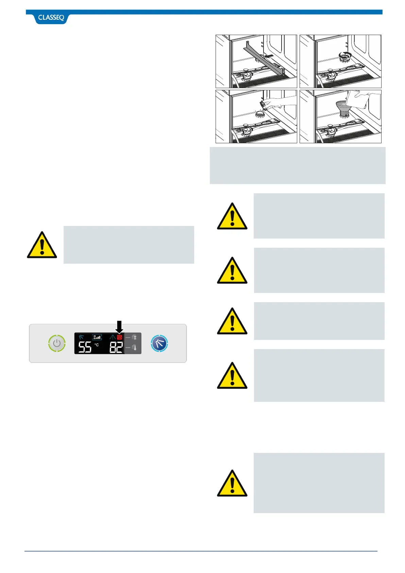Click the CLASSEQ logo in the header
[51, 18]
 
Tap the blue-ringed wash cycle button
[159, 343]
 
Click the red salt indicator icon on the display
[119, 337]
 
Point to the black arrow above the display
[119, 327]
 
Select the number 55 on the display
[85, 347]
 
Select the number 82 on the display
[116, 347]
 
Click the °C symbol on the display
[97, 345]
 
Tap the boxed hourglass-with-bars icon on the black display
[97, 337]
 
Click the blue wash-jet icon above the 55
[81, 337]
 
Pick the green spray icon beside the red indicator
[112, 337]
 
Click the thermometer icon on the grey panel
[134, 347]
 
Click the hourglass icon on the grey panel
[134, 337]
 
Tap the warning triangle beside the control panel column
[42, 245]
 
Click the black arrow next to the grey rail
[269, 55]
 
